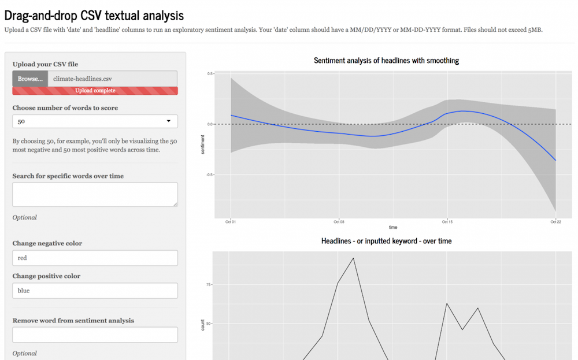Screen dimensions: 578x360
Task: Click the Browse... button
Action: tap(30, 79)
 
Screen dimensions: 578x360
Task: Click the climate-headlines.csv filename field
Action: tap(113, 79)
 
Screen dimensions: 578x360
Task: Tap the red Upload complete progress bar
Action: tap(95, 91)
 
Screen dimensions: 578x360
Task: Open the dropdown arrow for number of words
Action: tap(168, 121)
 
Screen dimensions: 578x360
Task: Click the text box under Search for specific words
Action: tap(95, 195)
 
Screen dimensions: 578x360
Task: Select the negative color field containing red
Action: tap(95, 258)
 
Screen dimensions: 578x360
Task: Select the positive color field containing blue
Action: tap(95, 291)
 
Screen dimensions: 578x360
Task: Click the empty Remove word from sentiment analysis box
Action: tap(95, 335)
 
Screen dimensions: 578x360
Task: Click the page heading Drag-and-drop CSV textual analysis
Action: tap(94, 16)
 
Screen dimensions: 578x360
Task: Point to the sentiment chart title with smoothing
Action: tap(386, 61)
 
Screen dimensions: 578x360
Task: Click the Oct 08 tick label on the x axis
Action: tap(339, 222)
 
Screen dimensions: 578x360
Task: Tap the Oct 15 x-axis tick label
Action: tap(447, 222)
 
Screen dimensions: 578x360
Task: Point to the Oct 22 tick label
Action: tap(555, 222)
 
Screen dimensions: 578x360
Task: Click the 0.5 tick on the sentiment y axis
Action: tap(210, 74)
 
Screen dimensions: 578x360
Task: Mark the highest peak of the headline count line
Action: tap(353, 258)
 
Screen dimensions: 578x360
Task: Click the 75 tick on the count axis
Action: tap(208, 285)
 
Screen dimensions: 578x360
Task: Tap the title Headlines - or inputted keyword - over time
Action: tap(386, 241)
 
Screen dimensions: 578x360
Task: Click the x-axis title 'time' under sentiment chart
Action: tap(393, 227)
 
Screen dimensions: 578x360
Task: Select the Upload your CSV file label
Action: tap(45, 64)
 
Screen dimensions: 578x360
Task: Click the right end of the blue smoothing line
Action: tap(555, 160)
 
